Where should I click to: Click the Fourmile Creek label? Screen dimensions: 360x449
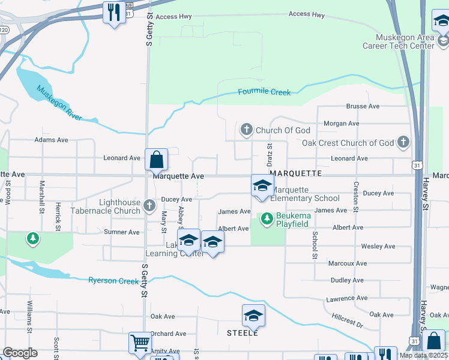click(x=264, y=92)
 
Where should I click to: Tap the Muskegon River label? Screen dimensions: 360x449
click(x=59, y=103)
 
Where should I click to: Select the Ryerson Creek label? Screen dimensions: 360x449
click(x=113, y=280)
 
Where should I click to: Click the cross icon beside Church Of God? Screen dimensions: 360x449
click(x=246, y=130)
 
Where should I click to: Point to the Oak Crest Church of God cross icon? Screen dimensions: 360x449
click(x=403, y=143)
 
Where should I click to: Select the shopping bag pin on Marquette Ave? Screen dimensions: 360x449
click(x=156, y=160)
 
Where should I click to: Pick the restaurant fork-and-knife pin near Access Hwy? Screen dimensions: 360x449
click(x=114, y=12)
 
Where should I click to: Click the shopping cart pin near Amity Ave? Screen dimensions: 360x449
click(x=140, y=343)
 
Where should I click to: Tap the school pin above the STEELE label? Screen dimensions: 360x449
click(x=253, y=316)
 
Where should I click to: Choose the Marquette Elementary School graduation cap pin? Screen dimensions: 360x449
click(x=262, y=185)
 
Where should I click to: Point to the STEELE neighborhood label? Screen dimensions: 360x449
click(x=243, y=332)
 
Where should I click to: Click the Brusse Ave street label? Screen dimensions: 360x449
click(x=363, y=106)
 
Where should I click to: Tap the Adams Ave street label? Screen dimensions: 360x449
click(x=51, y=140)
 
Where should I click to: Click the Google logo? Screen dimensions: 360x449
click(x=20, y=353)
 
